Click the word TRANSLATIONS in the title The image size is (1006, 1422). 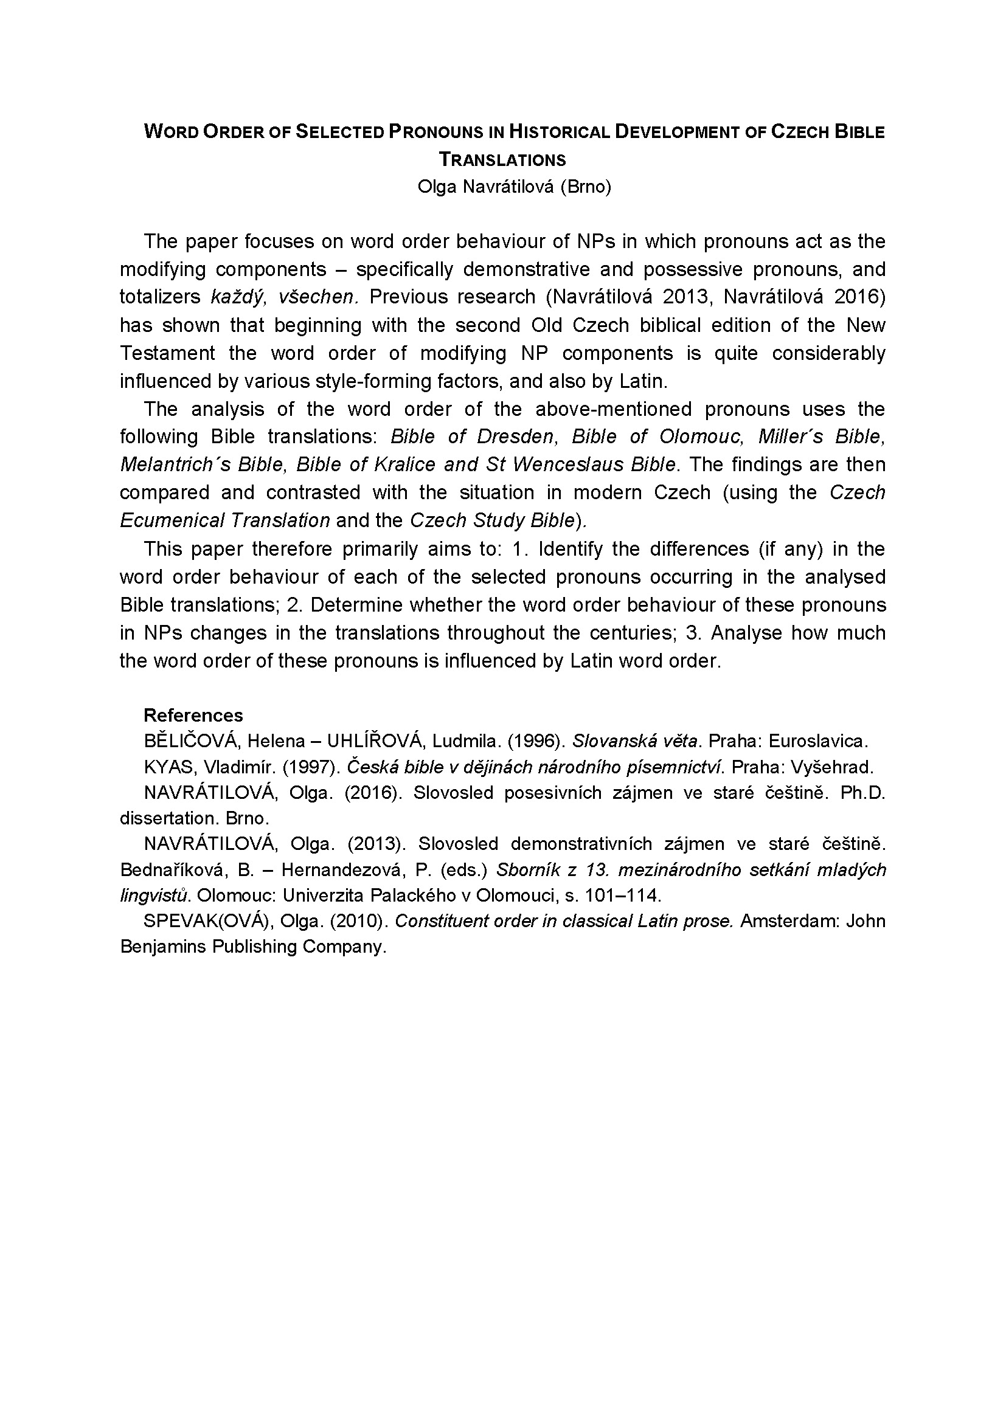(502, 160)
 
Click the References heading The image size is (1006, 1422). (193, 716)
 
